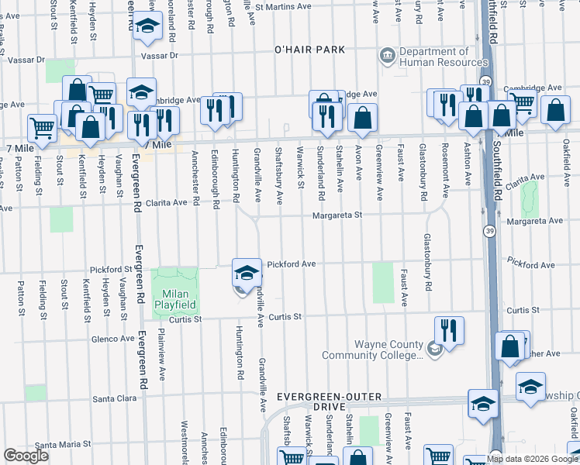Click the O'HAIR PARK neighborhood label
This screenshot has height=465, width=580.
tap(309, 50)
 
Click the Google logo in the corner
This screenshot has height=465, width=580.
tap(26, 456)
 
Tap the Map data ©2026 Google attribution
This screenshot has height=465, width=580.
tap(532, 459)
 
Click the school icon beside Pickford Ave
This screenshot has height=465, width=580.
tap(247, 274)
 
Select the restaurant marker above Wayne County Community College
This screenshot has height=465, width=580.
tap(449, 329)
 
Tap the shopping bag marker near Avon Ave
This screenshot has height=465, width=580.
tap(362, 118)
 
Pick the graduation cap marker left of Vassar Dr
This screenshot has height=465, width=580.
tap(145, 27)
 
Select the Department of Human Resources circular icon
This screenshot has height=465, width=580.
tap(386, 56)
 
